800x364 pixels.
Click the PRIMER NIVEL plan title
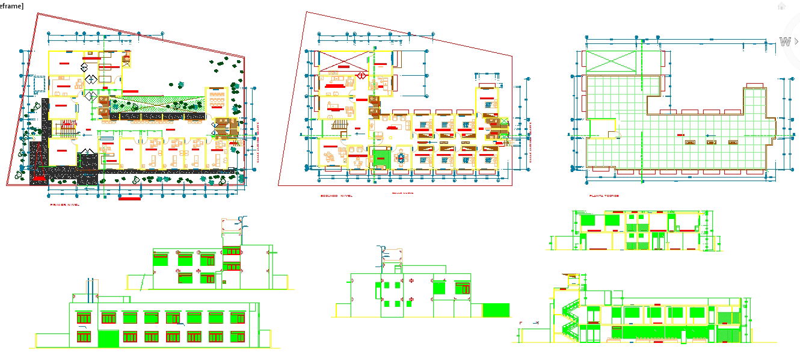[64, 205]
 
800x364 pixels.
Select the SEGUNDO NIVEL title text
[337, 196]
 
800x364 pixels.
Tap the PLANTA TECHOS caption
[604, 196]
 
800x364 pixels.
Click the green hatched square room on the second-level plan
[380, 158]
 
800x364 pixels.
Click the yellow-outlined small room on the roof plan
[602, 128]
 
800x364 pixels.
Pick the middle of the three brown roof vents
[712, 143]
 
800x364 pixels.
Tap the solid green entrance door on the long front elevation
[109, 338]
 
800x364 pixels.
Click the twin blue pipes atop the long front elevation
[91, 289]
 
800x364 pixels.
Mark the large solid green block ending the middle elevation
[496, 310]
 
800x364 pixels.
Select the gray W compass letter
[785, 42]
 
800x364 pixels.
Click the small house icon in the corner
[781, 6]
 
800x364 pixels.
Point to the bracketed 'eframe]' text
[12, 5]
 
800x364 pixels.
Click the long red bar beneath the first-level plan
[130, 198]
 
